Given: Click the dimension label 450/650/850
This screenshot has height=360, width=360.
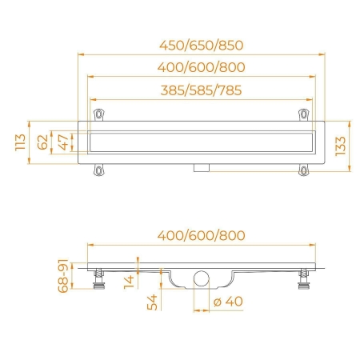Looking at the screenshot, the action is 202,46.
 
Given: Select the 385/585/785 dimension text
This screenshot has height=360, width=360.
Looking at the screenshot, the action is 202,90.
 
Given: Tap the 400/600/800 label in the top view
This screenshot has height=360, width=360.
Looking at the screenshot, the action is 202,67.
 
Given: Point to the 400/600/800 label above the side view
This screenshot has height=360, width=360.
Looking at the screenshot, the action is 202,236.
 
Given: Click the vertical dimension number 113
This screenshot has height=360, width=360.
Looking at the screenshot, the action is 20,142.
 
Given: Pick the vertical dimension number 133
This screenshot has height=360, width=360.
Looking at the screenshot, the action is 340,146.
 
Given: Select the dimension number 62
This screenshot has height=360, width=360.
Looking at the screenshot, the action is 42,142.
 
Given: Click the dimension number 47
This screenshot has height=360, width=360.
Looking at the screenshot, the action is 63,142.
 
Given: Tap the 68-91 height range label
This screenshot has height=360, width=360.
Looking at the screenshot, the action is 63,276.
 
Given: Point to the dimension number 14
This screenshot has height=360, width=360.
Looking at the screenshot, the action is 129,282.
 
